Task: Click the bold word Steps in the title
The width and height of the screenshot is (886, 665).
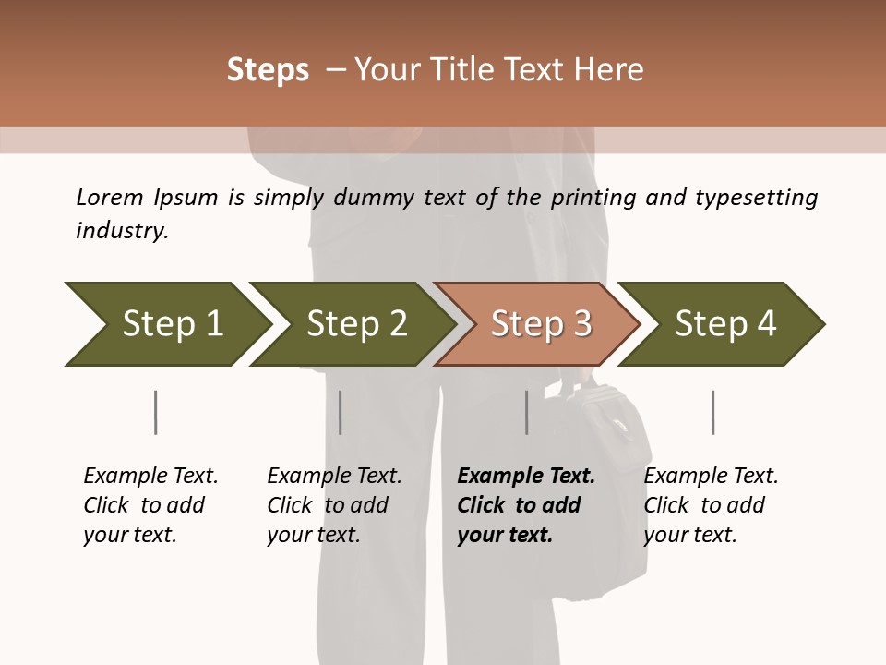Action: pyautogui.click(x=268, y=70)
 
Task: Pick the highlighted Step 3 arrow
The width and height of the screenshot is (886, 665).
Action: pyautogui.click(x=537, y=324)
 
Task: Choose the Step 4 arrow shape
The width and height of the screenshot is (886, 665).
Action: pyautogui.click(x=722, y=324)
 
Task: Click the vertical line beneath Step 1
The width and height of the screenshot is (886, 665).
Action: pyautogui.click(x=155, y=412)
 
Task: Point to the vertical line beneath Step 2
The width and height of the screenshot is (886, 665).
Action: pyautogui.click(x=340, y=412)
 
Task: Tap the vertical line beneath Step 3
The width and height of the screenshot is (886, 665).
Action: pyautogui.click(x=526, y=412)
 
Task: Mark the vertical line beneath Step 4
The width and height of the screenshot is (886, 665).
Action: pyautogui.click(x=712, y=412)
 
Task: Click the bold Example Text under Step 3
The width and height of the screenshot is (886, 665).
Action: pyautogui.click(x=526, y=504)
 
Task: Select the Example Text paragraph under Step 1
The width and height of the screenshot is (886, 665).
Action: pyautogui.click(x=150, y=504)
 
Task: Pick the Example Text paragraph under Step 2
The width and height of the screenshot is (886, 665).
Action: pyautogui.click(x=334, y=504)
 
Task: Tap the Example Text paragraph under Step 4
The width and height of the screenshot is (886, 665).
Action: pyautogui.click(x=711, y=504)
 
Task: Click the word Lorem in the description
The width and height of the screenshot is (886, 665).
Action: pyautogui.click(x=110, y=197)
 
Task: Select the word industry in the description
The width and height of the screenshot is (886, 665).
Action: pyautogui.click(x=121, y=231)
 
